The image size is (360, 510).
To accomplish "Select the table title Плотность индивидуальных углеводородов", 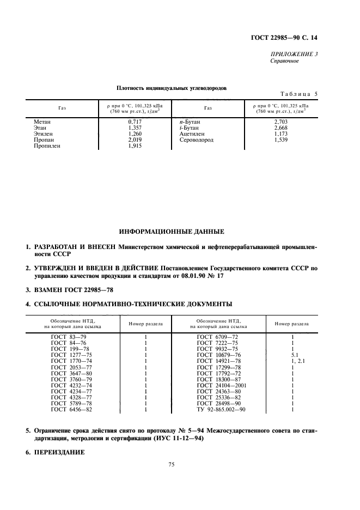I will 172,88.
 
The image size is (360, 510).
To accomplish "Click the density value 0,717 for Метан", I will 135,121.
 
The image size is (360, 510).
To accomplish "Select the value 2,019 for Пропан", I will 135,139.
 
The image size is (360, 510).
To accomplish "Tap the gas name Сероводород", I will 197,139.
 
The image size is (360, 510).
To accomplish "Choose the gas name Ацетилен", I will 192,133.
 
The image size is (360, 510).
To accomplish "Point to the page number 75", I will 172,465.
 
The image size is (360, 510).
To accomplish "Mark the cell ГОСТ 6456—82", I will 71,409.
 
